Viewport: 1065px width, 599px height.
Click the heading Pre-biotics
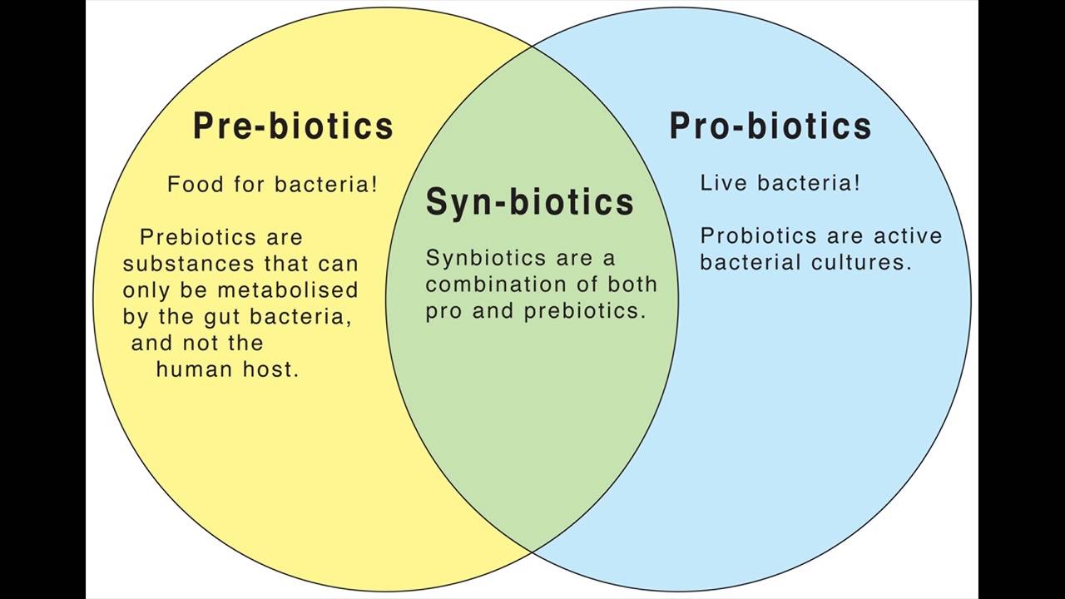294,126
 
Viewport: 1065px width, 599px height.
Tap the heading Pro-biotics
770,126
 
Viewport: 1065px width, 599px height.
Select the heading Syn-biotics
530,201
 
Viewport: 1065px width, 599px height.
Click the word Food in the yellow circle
196,184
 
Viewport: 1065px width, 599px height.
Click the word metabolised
288,290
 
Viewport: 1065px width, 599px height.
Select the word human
195,369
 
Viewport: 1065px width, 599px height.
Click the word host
271,369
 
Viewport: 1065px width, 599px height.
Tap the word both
632,285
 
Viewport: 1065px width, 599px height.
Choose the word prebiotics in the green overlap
585,311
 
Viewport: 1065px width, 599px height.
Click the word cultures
861,262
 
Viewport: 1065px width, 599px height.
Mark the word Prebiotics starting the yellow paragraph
198,237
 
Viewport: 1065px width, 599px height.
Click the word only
146,291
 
